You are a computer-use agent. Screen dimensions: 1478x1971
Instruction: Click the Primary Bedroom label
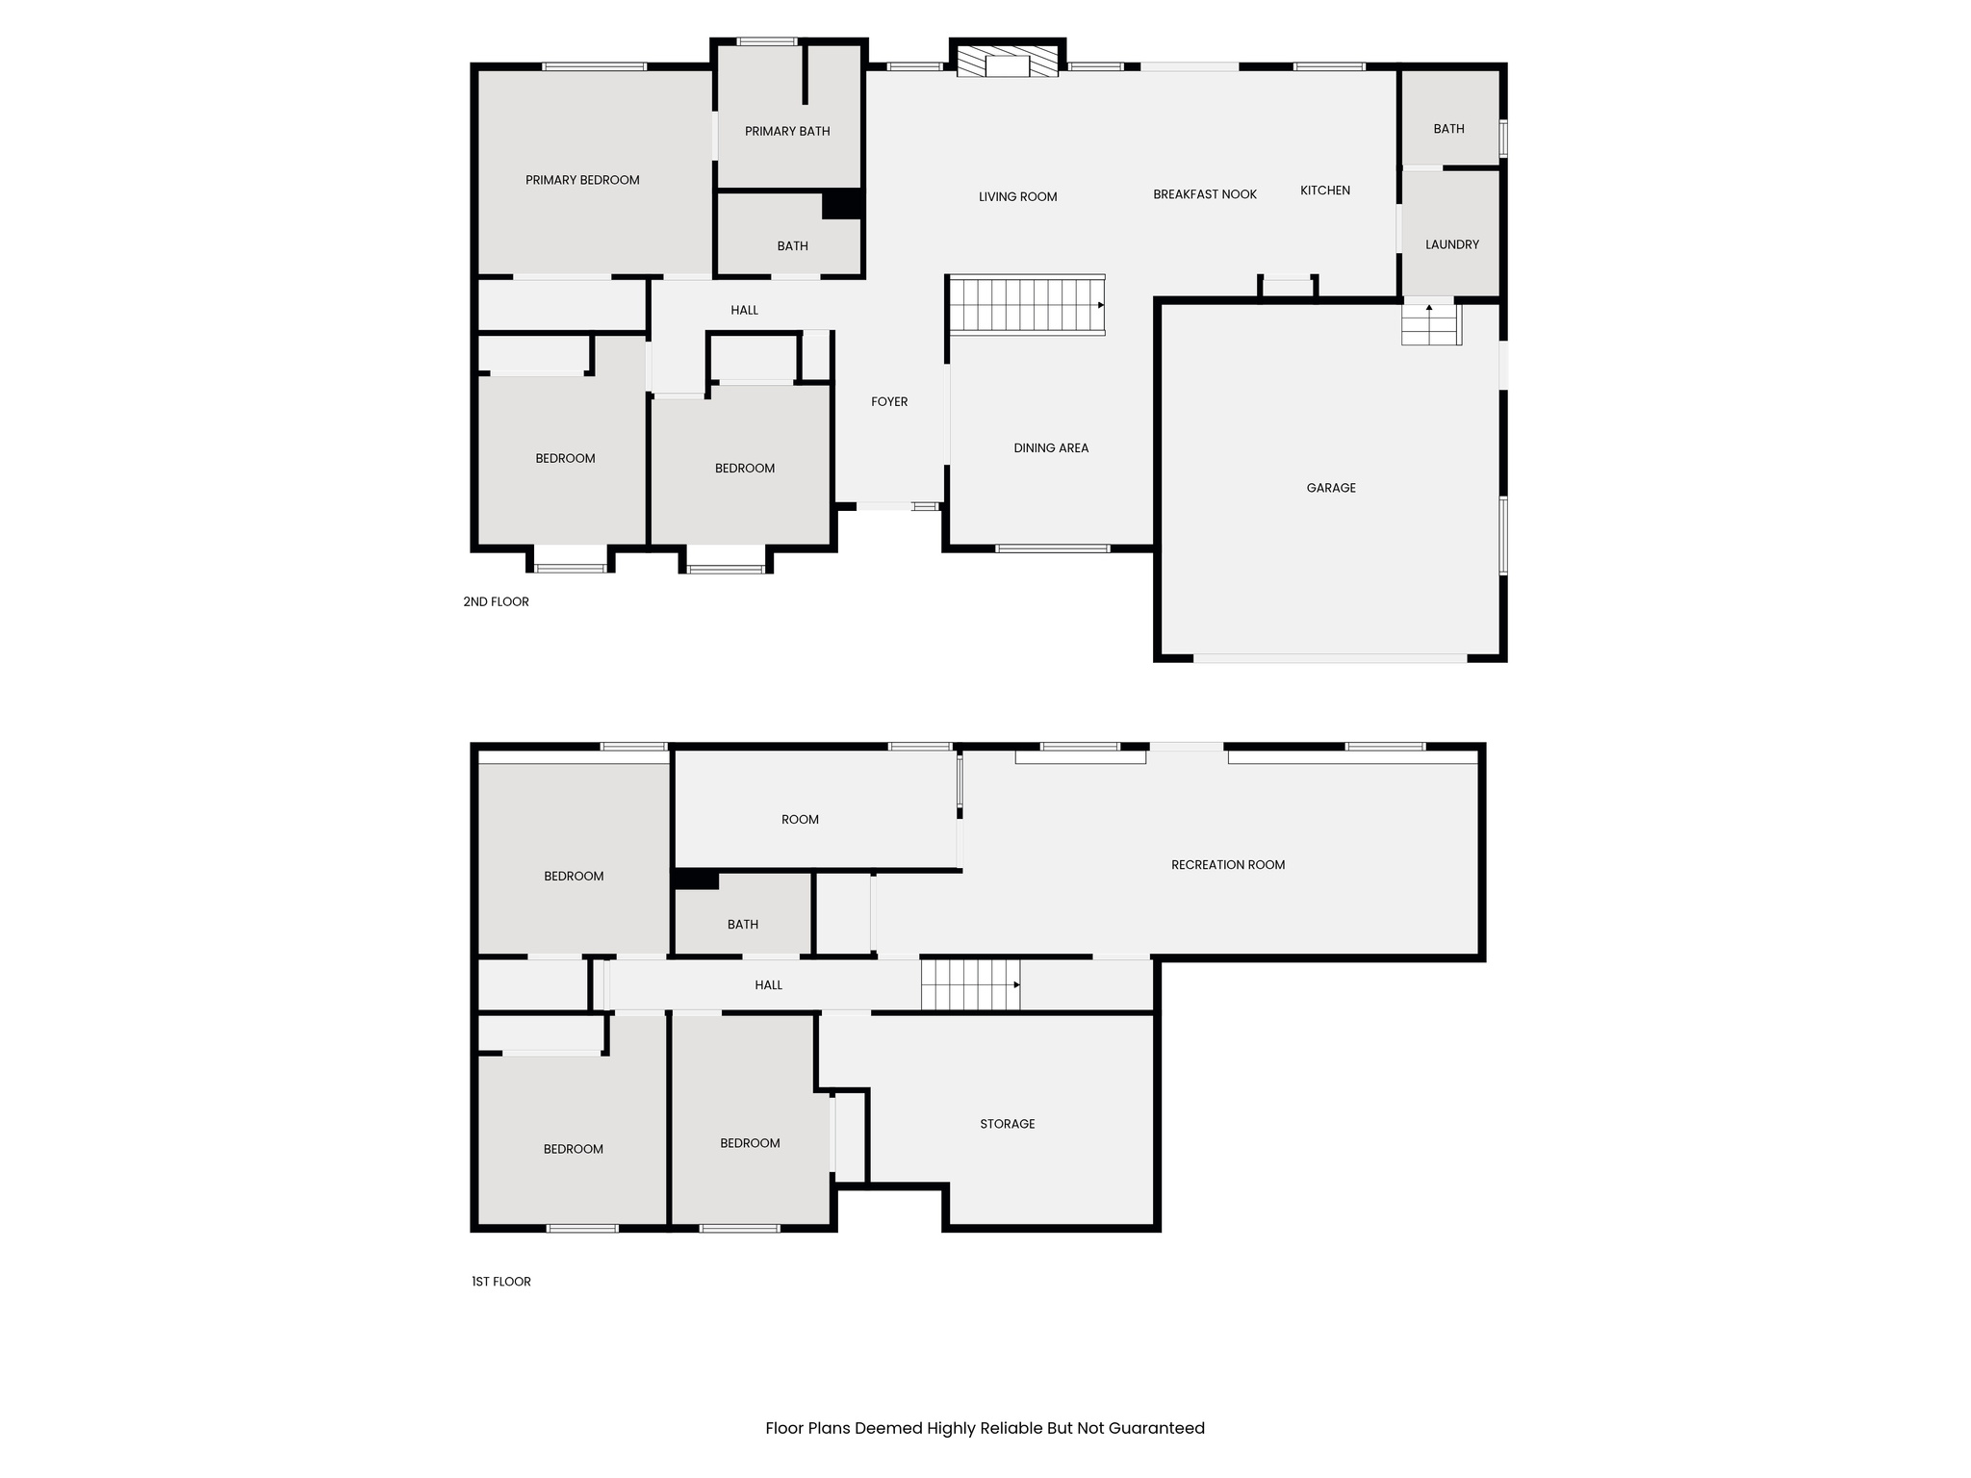582,180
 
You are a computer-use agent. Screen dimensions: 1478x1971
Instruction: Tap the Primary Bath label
787,131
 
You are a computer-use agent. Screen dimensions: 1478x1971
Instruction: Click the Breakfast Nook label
1205,194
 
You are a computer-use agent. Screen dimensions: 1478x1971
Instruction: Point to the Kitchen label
1325,191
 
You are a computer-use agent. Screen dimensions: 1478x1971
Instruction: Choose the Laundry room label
1451,244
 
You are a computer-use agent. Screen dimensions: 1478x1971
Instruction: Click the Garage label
1331,488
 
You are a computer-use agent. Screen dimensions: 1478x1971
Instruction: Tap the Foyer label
889,401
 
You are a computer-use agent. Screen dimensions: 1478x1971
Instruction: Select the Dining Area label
1051,447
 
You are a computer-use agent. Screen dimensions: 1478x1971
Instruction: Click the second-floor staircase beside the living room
1026,305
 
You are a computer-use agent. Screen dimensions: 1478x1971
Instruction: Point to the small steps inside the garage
1430,324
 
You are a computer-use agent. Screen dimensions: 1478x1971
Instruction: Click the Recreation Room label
1228,864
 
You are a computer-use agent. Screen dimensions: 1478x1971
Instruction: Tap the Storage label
1008,1123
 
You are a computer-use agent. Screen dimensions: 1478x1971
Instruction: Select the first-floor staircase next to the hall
969,984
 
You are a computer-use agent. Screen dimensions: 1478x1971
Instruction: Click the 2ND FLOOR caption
496,601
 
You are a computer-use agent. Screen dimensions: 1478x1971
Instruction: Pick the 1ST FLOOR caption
500,1281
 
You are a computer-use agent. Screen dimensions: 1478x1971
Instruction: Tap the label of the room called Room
800,819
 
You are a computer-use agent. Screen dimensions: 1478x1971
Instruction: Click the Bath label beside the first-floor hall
742,924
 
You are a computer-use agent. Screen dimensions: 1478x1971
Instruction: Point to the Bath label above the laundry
1448,128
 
